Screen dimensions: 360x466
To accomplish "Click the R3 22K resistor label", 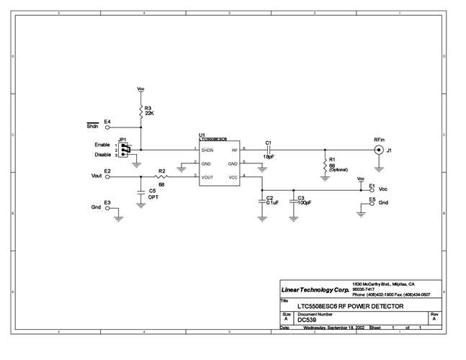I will tap(149, 111).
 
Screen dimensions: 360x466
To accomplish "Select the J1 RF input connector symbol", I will tap(376, 150).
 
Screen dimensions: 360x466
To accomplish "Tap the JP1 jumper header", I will tap(126, 150).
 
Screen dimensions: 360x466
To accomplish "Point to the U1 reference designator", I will tap(202, 135).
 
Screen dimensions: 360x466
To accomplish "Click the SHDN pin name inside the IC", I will tap(207, 150).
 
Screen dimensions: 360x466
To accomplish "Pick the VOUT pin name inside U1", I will tap(207, 176).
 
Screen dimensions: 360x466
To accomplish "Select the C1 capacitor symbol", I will tap(269, 150).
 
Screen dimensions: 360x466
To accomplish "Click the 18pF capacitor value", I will tap(269, 157).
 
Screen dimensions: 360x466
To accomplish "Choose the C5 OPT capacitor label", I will tap(153, 194).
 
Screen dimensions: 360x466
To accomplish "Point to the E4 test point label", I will tap(107, 122).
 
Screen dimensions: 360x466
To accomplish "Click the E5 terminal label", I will tap(372, 199).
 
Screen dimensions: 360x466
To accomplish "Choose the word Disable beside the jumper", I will tap(103, 155).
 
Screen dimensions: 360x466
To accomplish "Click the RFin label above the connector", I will tap(378, 139).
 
